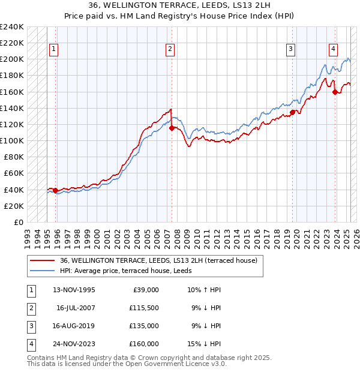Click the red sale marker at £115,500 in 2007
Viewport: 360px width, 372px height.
coord(172,128)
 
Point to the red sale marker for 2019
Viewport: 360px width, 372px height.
coord(292,112)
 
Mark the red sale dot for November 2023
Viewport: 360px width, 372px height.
coord(335,92)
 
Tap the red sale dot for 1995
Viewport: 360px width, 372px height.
coord(56,190)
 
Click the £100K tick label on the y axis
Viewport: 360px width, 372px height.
coord(13,140)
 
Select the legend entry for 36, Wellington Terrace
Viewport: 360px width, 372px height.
coord(158,260)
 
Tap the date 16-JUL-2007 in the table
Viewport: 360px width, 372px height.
coord(76,308)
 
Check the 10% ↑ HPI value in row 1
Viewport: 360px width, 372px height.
coord(205,290)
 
